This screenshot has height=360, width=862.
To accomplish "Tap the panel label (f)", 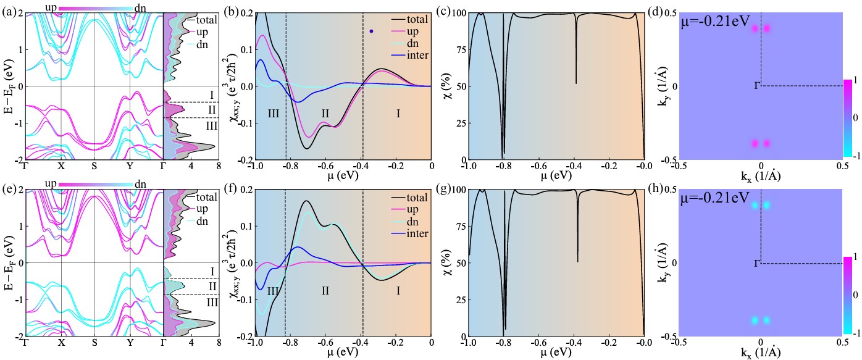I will (243, 187).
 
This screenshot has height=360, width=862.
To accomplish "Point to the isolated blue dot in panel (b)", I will (371, 31).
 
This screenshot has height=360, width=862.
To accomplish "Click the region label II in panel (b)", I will (325, 114).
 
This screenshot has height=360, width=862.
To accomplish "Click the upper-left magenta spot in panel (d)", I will (755, 28).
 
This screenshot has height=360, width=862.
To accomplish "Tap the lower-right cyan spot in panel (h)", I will (767, 320).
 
